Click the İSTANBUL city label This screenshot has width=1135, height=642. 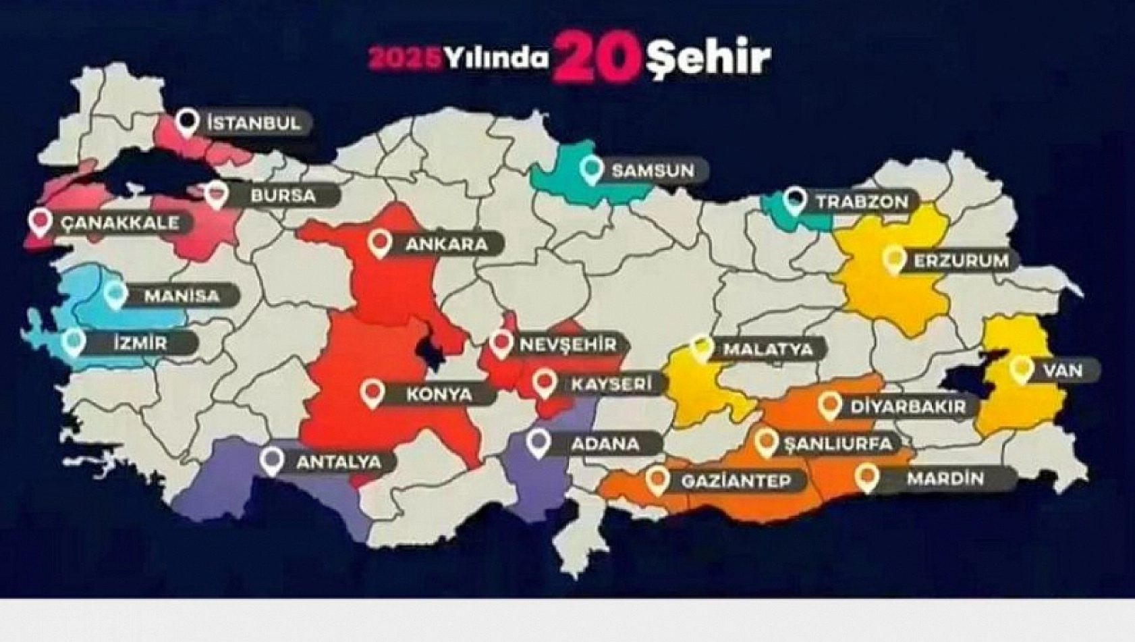[253, 124]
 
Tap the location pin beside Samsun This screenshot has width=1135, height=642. [592, 169]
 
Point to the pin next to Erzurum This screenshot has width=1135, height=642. [893, 259]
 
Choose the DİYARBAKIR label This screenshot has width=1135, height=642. [897, 406]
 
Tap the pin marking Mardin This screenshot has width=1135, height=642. [866, 477]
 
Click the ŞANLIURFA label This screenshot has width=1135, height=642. [839, 444]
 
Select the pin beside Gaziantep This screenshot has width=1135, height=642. [657, 479]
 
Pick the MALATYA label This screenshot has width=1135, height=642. [767, 350]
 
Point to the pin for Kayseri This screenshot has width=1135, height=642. [544, 382]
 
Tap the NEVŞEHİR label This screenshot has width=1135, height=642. [567, 345]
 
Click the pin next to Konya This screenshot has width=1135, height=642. [372, 392]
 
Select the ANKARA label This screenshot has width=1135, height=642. [446, 244]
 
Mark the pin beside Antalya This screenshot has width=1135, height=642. [273, 460]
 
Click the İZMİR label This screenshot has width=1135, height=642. [139, 343]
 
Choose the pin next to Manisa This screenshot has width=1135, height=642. [115, 294]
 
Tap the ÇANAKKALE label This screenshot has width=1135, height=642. [120, 223]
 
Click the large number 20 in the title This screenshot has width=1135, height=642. [595, 58]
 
